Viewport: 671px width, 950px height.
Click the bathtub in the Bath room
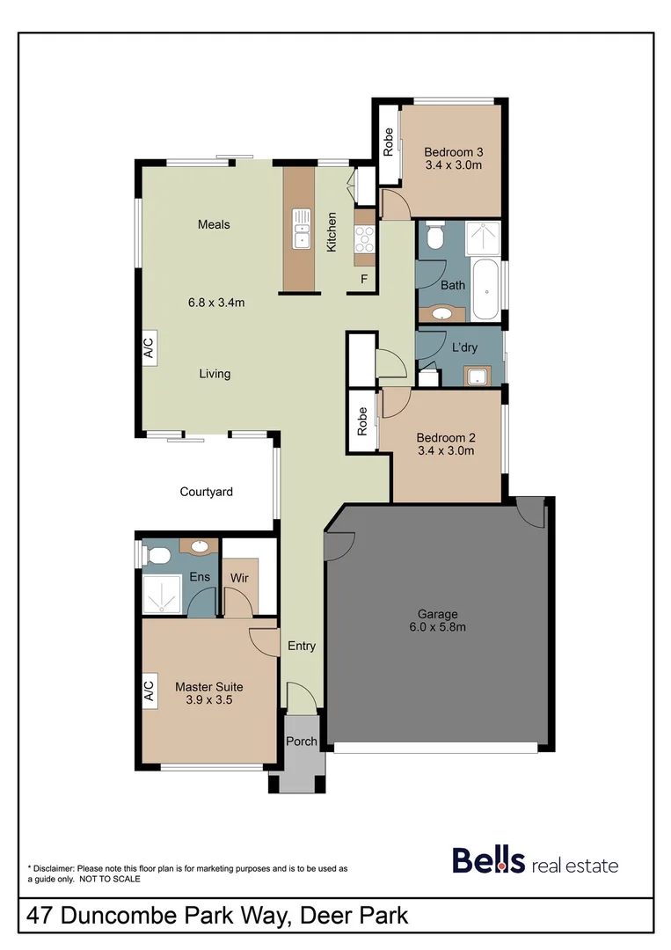(x=485, y=289)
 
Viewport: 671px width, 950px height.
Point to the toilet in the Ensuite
(x=158, y=556)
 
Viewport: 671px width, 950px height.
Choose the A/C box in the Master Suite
(x=148, y=691)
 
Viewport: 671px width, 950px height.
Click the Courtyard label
(x=206, y=492)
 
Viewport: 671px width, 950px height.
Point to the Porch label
(x=302, y=742)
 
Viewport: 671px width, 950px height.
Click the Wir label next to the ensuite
(x=240, y=578)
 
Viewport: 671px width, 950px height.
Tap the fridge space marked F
(x=363, y=280)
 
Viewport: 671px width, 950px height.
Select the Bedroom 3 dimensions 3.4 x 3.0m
(x=453, y=164)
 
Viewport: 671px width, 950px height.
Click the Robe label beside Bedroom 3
(x=388, y=142)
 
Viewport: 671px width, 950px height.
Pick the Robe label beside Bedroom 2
(x=361, y=421)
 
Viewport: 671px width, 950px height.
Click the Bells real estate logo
(x=535, y=861)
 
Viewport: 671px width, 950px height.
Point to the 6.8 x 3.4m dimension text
(x=215, y=303)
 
